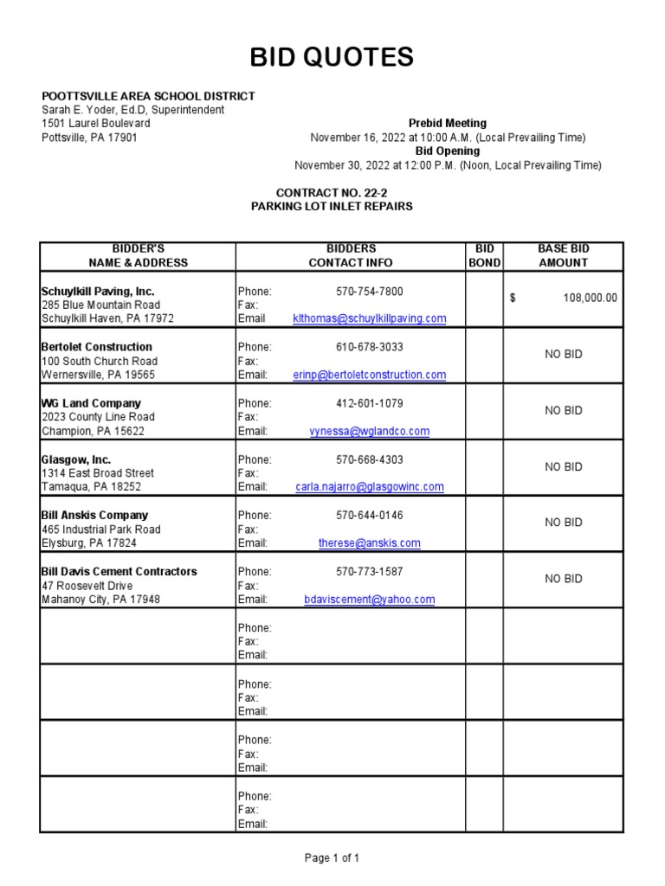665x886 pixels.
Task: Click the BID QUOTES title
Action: [x=332, y=57]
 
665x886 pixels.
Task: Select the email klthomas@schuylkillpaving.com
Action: [x=370, y=318]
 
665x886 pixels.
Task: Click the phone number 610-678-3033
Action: [x=370, y=347]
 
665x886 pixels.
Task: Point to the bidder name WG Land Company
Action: [x=91, y=403]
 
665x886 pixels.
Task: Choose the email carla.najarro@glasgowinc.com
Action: [x=370, y=487]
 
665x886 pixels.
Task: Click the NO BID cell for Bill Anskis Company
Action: [x=563, y=523]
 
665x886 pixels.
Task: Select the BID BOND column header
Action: [x=484, y=255]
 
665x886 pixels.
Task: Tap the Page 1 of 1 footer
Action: [x=332, y=858]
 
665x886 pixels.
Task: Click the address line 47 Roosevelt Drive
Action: [x=87, y=586]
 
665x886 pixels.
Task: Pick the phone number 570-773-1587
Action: [x=370, y=572]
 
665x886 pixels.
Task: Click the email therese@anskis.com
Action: [x=370, y=543]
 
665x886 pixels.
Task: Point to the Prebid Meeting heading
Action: [x=448, y=124]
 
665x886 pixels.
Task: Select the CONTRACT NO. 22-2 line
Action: [x=332, y=193]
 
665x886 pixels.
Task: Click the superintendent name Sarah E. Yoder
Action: [x=133, y=110]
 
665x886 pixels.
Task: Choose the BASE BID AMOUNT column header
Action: [x=563, y=255]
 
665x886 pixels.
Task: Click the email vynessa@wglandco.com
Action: [x=370, y=431]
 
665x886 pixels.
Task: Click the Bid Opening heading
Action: [x=448, y=151]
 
